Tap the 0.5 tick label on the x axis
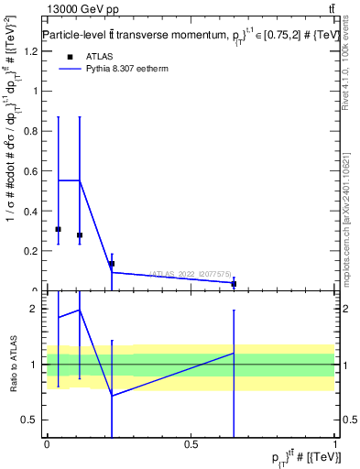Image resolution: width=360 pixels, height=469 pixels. click(191, 445)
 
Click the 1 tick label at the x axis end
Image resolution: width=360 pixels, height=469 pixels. click(335, 445)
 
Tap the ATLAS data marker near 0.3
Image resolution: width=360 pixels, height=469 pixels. click(58, 229)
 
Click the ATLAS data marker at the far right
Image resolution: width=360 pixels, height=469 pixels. click(234, 284)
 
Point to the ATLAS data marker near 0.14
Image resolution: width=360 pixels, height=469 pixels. click(112, 264)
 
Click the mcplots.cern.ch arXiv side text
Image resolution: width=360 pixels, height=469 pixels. click(346, 215)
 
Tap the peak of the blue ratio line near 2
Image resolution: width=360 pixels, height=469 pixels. click(80, 310)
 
